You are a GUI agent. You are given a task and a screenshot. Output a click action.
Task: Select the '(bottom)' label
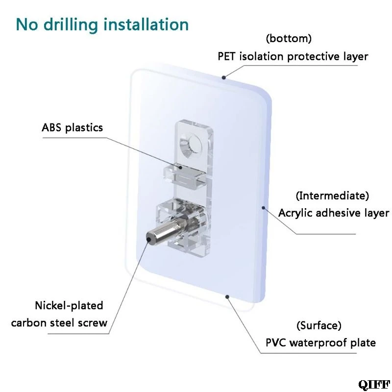point(289,39)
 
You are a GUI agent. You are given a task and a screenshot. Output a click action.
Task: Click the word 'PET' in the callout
point(226,56)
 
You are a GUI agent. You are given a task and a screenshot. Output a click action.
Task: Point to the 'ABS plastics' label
point(72,128)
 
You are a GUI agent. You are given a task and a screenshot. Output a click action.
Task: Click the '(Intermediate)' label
point(332,196)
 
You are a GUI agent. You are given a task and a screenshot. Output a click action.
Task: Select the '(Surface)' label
point(319,325)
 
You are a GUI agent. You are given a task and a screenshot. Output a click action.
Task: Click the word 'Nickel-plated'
point(69,305)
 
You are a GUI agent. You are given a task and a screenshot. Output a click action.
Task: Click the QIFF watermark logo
point(374,385)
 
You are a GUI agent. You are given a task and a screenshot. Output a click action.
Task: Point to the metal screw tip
point(149,240)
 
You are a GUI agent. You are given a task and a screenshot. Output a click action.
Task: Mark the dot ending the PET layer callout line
point(224,77)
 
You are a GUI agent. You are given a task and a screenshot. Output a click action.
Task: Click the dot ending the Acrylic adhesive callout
point(263,207)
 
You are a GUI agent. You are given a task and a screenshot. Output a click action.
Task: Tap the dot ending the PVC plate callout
point(227,297)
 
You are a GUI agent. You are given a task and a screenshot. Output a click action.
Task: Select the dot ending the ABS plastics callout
point(180,167)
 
